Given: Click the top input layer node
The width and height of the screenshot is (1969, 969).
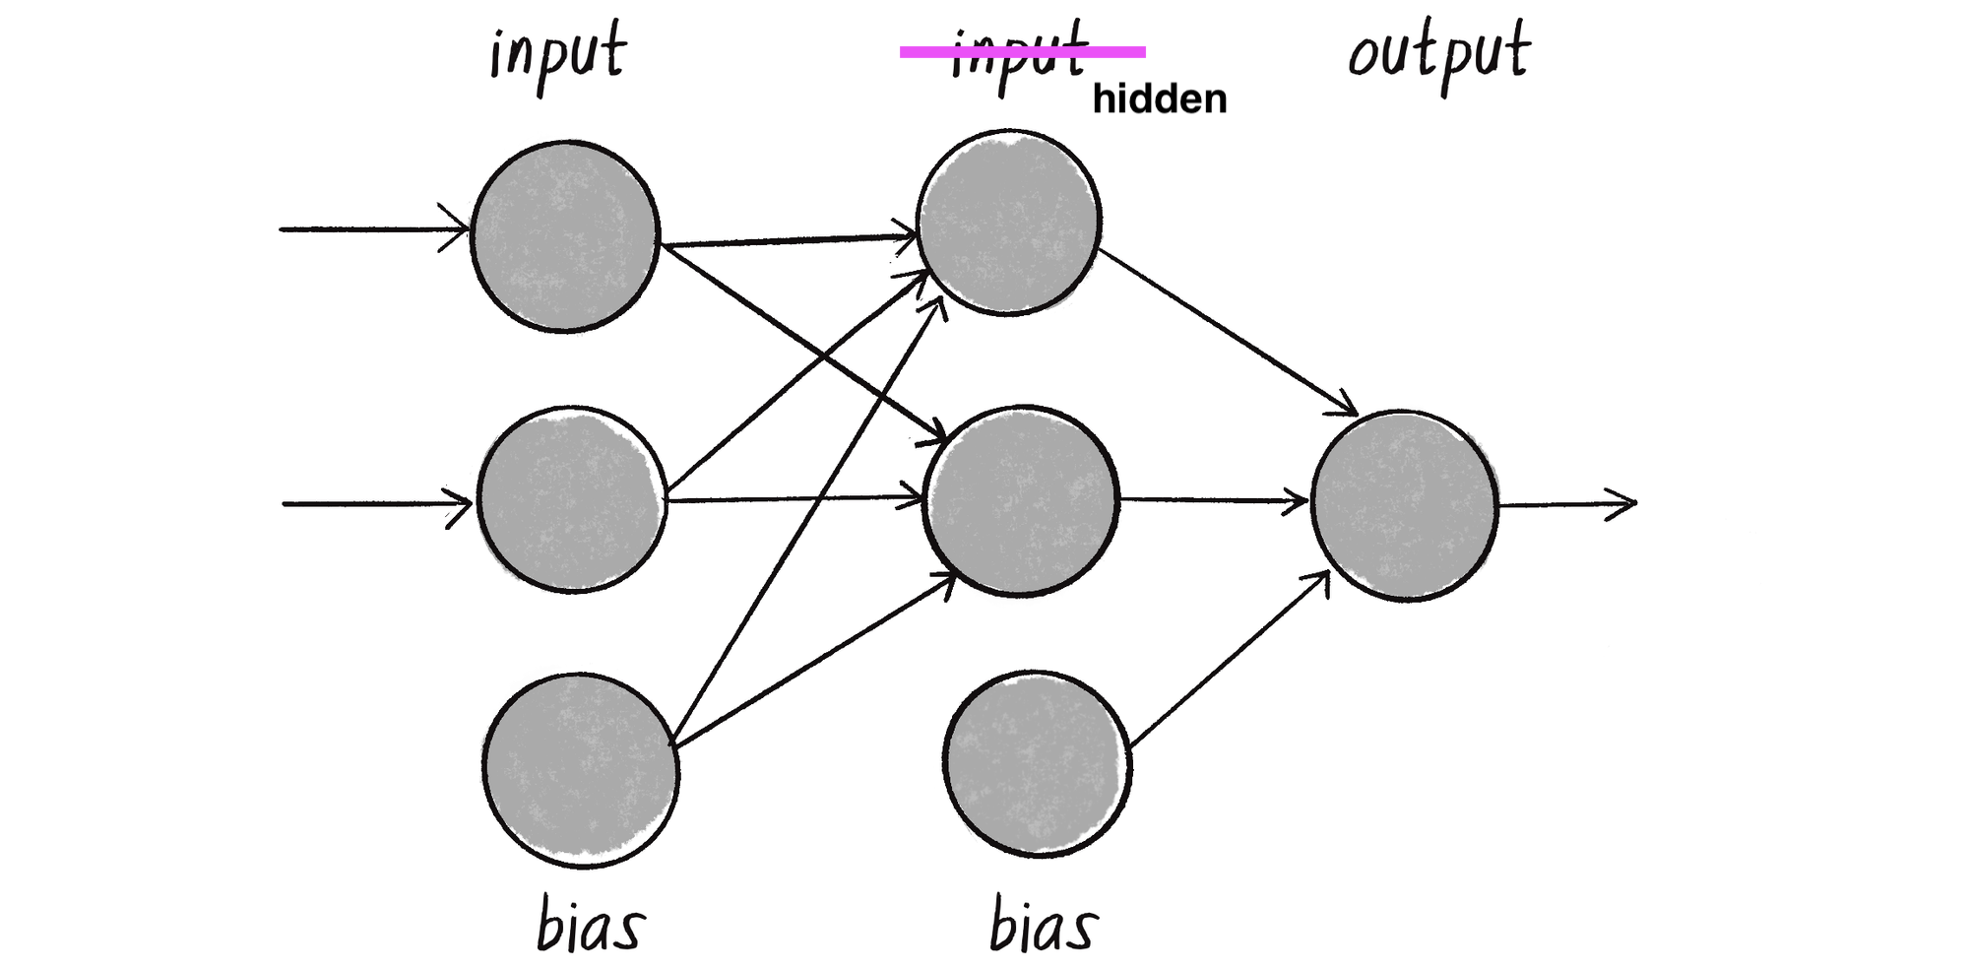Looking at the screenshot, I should pyautogui.click(x=565, y=236).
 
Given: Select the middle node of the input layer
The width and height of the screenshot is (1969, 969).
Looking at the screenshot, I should pyautogui.click(x=572, y=499).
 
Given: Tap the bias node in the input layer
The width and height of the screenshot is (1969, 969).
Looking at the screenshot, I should pyautogui.click(x=581, y=770).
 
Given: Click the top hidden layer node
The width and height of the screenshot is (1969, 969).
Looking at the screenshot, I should pyautogui.click(x=1008, y=223).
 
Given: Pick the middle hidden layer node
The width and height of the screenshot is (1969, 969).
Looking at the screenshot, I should pyautogui.click(x=1021, y=500).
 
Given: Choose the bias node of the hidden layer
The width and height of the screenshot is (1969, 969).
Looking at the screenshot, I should pyautogui.click(x=1037, y=763).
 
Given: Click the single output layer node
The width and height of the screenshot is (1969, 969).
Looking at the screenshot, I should pyautogui.click(x=1404, y=505).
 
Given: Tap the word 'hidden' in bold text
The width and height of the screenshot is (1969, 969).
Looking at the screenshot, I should pyautogui.click(x=1160, y=99).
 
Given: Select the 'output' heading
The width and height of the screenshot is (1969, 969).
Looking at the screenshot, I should pyautogui.click(x=1438, y=54).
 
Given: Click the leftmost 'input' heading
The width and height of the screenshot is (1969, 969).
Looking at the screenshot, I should pyautogui.click(x=557, y=54).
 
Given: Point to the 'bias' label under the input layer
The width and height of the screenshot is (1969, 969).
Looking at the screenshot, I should pyautogui.click(x=590, y=926).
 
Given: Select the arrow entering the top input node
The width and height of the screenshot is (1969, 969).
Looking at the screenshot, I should pyautogui.click(x=374, y=229).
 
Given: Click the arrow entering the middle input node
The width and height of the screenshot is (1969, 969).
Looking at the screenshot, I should pyautogui.click(x=377, y=504).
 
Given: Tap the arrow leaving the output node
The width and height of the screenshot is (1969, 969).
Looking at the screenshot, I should pyautogui.click(x=1565, y=504).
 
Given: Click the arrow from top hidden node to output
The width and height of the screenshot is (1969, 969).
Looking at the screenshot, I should pyautogui.click(x=1227, y=332).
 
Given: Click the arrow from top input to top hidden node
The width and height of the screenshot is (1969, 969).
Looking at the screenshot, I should pyautogui.click(x=788, y=239).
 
